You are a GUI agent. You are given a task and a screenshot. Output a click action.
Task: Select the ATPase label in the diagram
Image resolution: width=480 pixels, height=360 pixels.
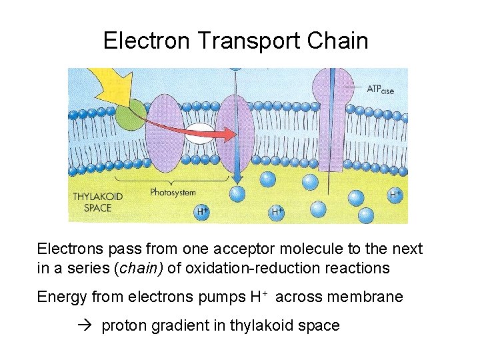pyautogui.click(x=381, y=89)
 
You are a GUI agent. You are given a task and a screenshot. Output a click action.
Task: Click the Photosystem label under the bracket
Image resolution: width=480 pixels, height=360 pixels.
pyautogui.click(x=173, y=193)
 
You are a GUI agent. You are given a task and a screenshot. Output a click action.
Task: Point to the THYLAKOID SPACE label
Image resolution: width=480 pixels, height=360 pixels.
pyautogui.click(x=93, y=202)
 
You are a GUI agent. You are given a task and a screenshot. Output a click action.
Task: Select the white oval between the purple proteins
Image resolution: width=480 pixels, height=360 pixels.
pyautogui.click(x=199, y=134)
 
